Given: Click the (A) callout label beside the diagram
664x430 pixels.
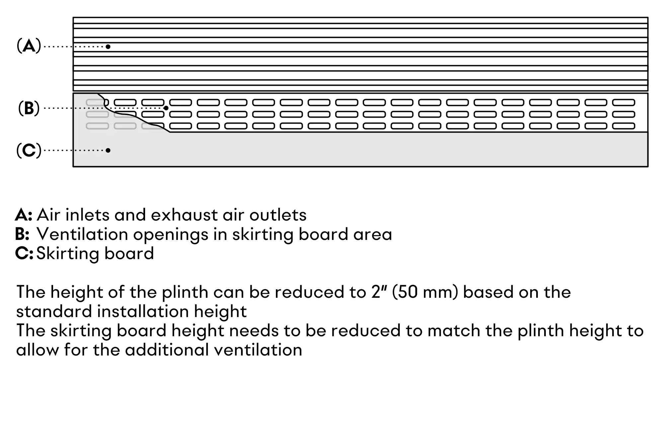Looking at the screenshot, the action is (29, 46).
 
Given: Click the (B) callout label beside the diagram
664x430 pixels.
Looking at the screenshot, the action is (29, 108).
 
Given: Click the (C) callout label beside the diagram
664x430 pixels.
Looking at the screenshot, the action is (29, 151).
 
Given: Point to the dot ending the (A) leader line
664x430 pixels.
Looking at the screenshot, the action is (108, 47).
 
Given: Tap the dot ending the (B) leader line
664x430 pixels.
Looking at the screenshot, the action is (166, 108).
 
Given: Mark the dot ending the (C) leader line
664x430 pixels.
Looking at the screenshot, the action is (108, 150).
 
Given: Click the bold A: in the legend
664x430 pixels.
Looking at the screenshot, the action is (24, 215).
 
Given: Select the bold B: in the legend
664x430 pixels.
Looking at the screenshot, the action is (22, 234).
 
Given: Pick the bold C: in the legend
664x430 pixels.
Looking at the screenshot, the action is (24, 253).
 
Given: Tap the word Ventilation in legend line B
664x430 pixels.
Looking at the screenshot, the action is (82, 234).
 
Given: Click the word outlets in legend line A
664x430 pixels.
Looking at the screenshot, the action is (278, 215).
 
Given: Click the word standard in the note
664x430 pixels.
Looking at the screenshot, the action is (54, 311).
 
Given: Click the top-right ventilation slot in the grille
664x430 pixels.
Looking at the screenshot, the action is (623, 102).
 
